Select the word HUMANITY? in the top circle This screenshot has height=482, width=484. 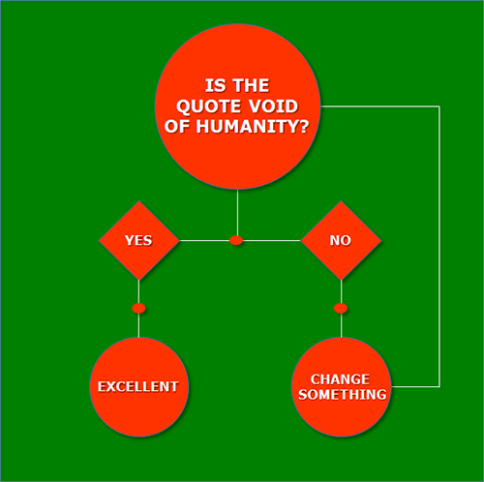coord(253,126)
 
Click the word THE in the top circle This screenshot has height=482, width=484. coord(251,85)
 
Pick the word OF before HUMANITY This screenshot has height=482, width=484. coord(176,126)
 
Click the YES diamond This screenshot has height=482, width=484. coord(138,240)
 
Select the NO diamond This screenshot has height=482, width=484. coord(341,240)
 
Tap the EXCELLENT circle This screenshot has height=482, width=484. coord(138,386)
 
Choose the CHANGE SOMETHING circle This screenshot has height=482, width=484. coord(341,386)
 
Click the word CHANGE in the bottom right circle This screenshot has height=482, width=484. coord(340,379)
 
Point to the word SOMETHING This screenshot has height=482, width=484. coord(343,395)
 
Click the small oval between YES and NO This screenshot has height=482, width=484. coord(236,240)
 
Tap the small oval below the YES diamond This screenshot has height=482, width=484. coord(138,309)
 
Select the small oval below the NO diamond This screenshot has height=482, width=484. coord(341,309)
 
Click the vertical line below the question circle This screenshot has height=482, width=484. coord(238,213)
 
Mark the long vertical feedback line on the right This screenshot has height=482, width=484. coord(439,246)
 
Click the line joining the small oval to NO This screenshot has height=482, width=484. coord(272,240)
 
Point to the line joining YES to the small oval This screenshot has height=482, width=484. coord(204,240)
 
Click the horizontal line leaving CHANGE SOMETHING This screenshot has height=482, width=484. coord(415,386)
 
